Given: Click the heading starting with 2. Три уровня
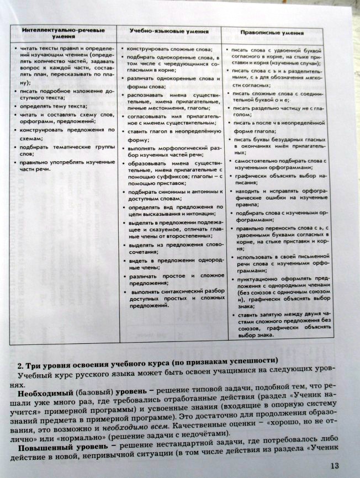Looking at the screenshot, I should [x=147, y=365].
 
